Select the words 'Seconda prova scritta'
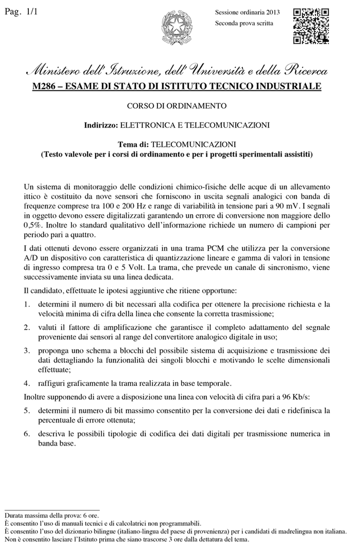pos(244,23)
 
